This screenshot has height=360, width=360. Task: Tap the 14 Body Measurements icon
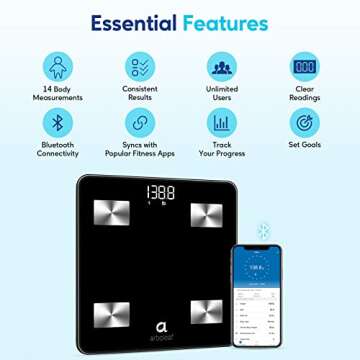(57, 68)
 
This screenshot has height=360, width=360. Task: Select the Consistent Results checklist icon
(139, 68)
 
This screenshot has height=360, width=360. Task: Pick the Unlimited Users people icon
(221, 68)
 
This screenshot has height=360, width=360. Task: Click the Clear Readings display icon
(304, 68)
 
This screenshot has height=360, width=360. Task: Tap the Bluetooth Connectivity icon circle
(57, 124)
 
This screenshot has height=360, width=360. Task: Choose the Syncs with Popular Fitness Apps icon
(139, 124)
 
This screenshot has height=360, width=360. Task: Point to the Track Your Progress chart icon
(221, 124)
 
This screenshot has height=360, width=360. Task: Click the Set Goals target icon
(304, 124)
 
